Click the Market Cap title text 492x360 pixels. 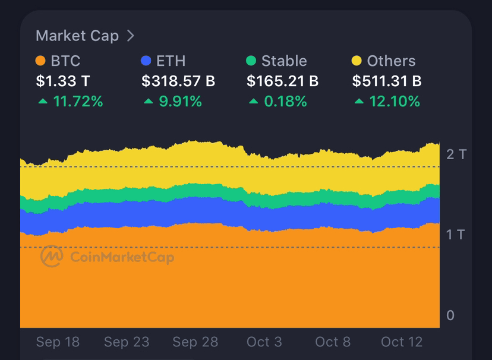click(77, 36)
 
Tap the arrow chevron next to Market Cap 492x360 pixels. click(131, 36)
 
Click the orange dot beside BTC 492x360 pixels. click(40, 61)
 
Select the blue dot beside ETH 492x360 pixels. click(146, 61)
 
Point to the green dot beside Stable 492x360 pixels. click(251, 61)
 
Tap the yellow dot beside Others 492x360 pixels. click(357, 61)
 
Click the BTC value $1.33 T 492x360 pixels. click(63, 81)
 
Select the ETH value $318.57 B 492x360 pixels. click(178, 81)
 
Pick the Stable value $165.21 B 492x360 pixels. click(283, 81)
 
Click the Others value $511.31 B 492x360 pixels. click(387, 81)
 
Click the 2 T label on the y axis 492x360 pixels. click(456, 154)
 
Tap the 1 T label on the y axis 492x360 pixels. click(456, 235)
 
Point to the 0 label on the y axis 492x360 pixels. click(450, 315)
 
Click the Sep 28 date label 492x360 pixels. click(195, 342)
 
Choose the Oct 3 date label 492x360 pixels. click(264, 342)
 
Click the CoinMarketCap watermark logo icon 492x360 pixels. click(52, 257)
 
